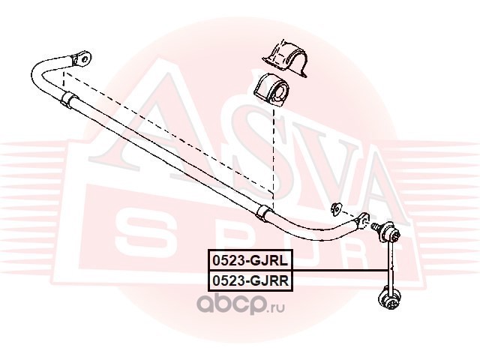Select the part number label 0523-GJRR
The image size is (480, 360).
click(x=250, y=280)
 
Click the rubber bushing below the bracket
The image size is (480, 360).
click(x=274, y=92)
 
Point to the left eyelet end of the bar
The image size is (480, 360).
click(x=80, y=57)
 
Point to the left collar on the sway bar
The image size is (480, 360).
click(x=67, y=100)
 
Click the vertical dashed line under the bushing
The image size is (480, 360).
click(x=274, y=157)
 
